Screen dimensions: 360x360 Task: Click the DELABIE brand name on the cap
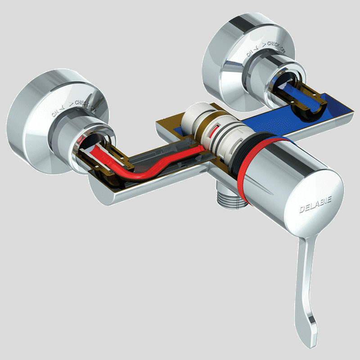click(316, 208)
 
